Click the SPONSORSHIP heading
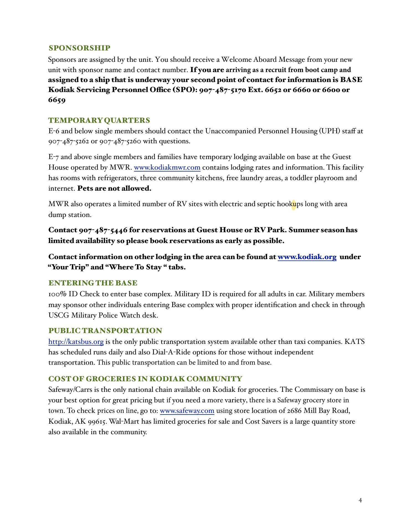(x=79, y=48)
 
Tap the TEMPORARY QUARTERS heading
(x=99, y=121)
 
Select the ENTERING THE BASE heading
(x=93, y=283)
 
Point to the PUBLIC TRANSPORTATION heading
(x=105, y=331)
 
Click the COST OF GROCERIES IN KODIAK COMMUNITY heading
(x=145, y=379)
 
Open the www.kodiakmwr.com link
(x=167, y=168)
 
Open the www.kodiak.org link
(x=307, y=257)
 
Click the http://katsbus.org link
(x=76, y=342)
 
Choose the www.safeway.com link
(x=187, y=411)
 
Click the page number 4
(x=360, y=500)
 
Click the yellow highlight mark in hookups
(x=293, y=205)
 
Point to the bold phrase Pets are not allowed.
(x=114, y=189)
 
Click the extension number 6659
(x=57, y=100)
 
